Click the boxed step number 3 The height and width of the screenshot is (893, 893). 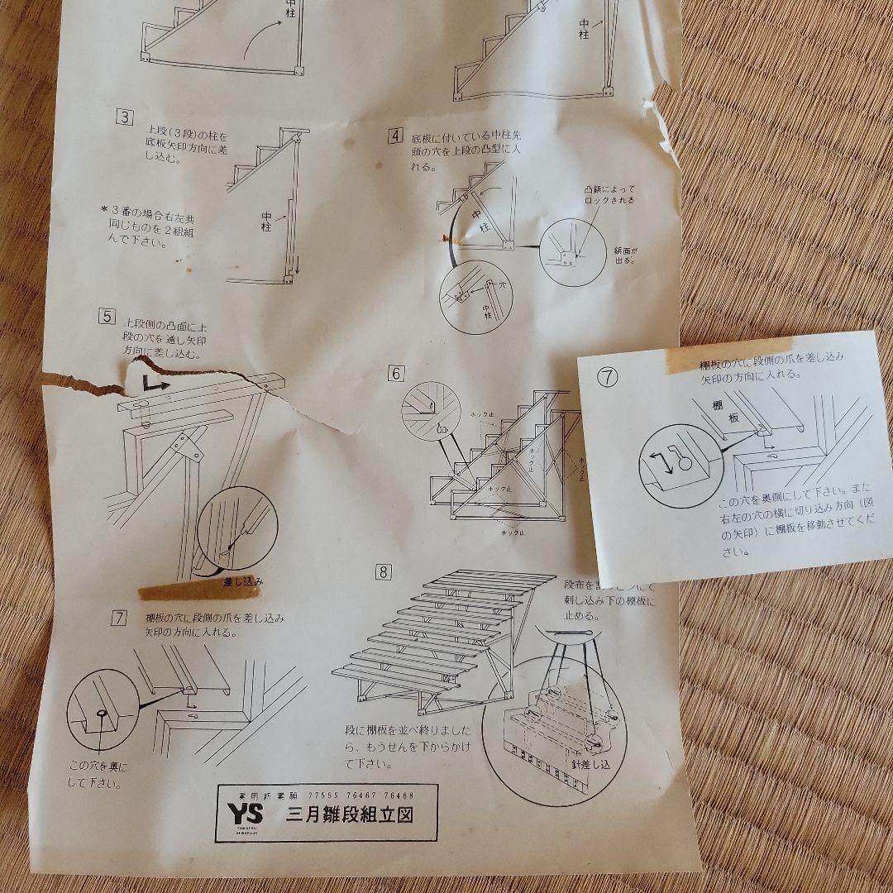pos(124,117)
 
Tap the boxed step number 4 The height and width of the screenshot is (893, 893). pos(396,136)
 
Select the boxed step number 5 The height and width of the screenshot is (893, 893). pos(106,315)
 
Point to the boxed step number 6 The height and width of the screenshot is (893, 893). pos(396,374)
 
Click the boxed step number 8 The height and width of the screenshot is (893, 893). pos(382,571)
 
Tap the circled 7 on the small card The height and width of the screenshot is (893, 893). pos(608,378)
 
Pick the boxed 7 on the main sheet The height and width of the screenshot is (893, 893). pos(121,617)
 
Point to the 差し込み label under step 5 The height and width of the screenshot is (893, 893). pos(243,581)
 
